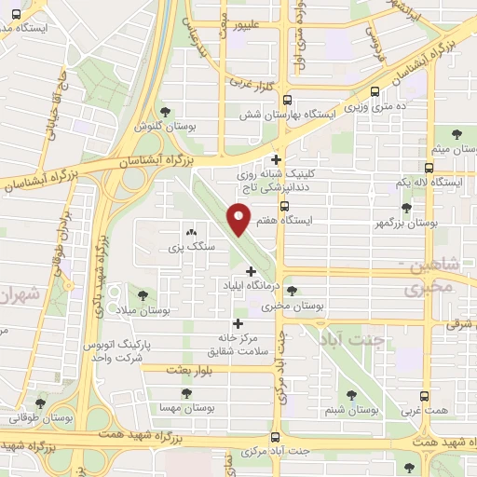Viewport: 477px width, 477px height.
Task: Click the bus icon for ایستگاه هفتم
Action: [284, 207]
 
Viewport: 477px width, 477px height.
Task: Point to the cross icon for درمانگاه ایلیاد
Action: [250, 271]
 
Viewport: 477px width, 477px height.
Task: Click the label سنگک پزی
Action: [191, 247]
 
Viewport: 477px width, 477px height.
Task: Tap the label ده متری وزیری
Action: [375, 108]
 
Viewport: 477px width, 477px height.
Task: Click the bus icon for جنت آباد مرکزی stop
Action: [275, 436]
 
